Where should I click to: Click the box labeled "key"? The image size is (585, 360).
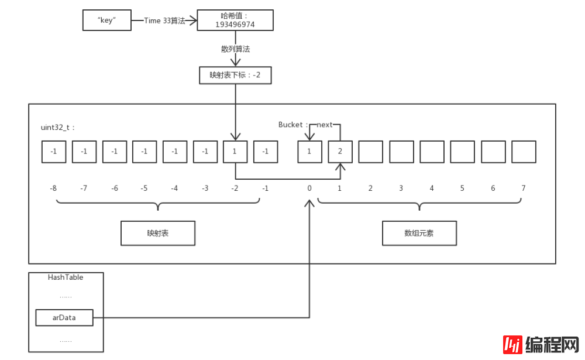pyautogui.click(x=107, y=20)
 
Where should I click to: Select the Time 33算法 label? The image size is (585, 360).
pyautogui.click(x=164, y=20)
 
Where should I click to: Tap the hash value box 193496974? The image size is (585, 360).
pyautogui.click(x=235, y=20)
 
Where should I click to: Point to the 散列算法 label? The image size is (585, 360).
pyautogui.click(x=235, y=49)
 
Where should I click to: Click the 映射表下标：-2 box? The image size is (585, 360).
pyautogui.click(x=235, y=75)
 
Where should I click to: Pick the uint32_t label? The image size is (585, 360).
pyautogui.click(x=58, y=127)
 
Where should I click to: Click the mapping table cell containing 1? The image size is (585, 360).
pyautogui.click(x=235, y=152)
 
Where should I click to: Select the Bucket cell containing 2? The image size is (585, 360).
pyautogui.click(x=340, y=152)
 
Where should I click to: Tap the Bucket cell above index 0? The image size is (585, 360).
pyautogui.click(x=309, y=152)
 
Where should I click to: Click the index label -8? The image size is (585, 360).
pyautogui.click(x=54, y=188)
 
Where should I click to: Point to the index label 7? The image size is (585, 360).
pyautogui.click(x=524, y=188)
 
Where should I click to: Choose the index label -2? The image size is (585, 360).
pyautogui.click(x=235, y=188)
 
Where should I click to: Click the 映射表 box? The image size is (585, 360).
pyautogui.click(x=157, y=233)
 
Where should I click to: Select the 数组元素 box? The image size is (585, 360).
pyautogui.click(x=419, y=233)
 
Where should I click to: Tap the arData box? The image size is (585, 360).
pyautogui.click(x=64, y=317)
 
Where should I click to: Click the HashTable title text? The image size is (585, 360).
pyautogui.click(x=66, y=277)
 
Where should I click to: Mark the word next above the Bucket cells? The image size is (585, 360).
pyautogui.click(x=325, y=125)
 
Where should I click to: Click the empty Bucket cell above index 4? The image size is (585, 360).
pyautogui.click(x=432, y=152)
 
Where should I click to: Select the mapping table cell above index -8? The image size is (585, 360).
pyautogui.click(x=54, y=152)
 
